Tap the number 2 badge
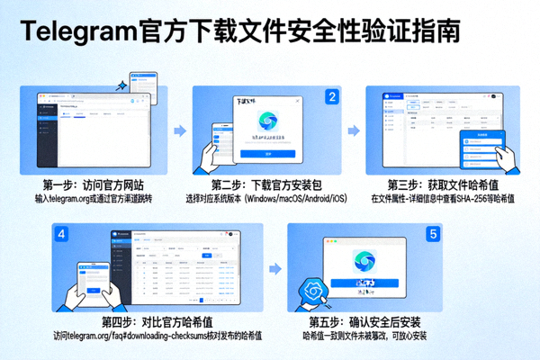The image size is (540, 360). pos(332,96)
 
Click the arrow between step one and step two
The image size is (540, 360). pos(178,131)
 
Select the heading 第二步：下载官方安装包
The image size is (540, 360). pos(270,184)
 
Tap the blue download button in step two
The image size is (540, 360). pos(269,154)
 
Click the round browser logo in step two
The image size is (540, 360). pos(269,121)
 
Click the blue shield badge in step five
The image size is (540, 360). pos(316,291)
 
